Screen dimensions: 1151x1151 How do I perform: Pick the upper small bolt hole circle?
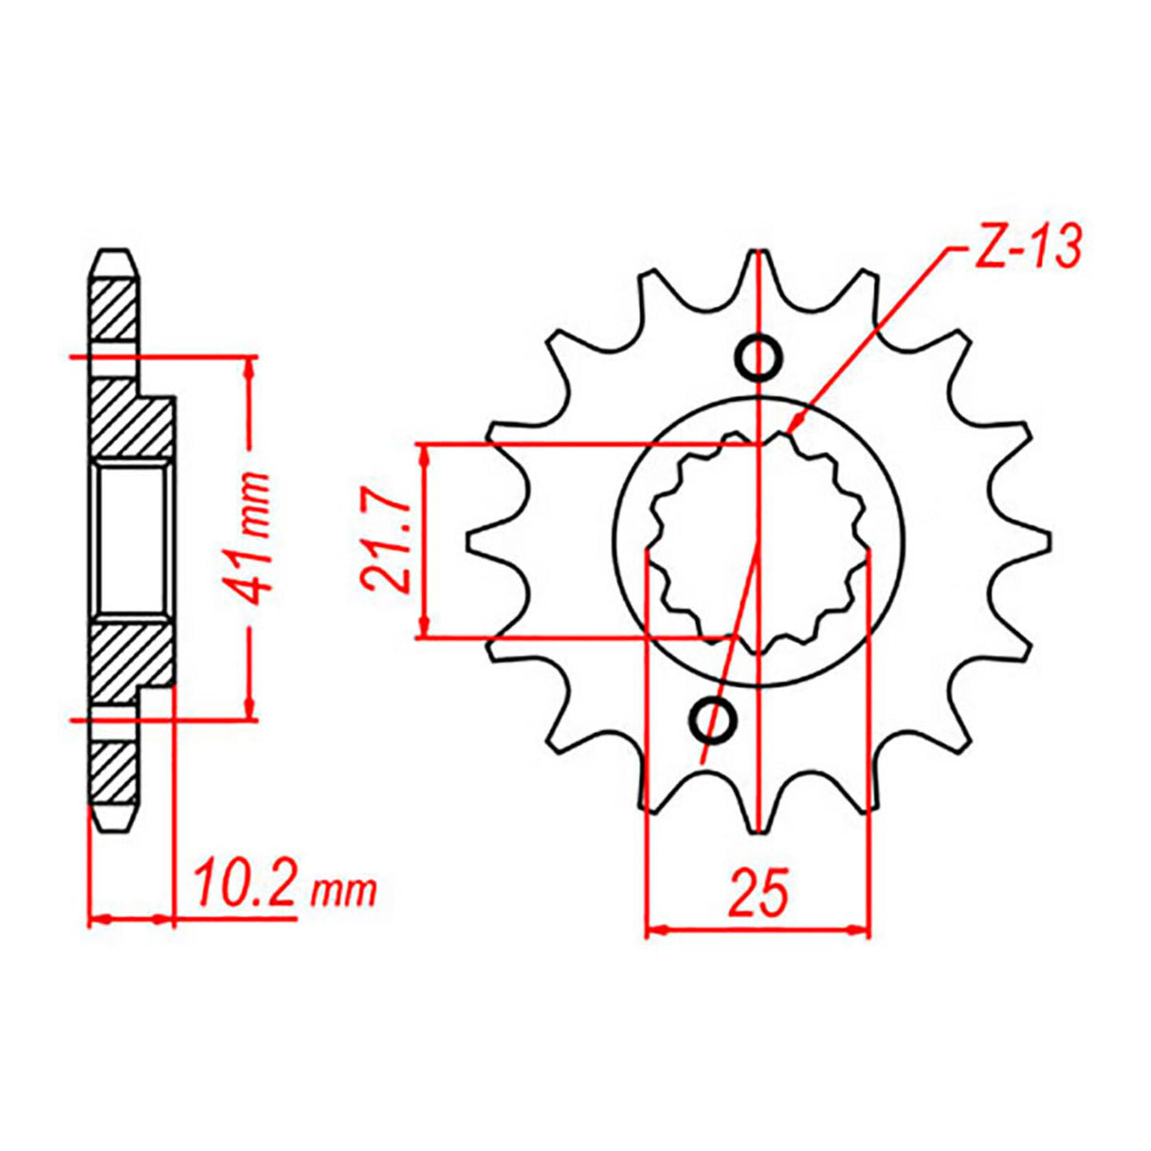(x=760, y=357)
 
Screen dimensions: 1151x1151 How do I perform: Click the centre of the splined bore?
(x=758, y=543)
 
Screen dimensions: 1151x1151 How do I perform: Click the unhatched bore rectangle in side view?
(x=133, y=541)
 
